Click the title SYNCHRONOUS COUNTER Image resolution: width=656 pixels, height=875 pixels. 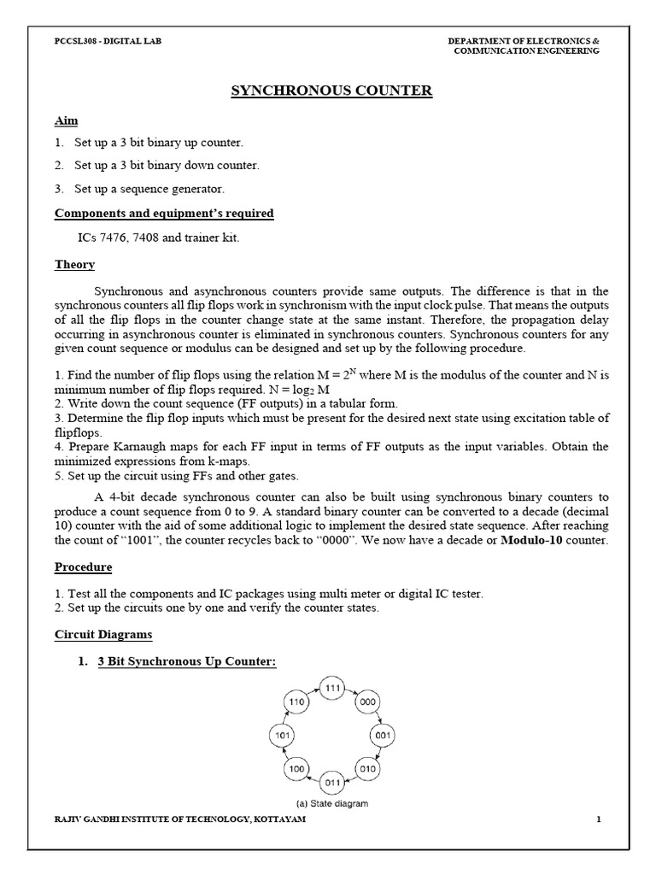point(332,91)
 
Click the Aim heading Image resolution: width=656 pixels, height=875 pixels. point(66,120)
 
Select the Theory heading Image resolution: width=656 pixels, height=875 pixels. point(74,265)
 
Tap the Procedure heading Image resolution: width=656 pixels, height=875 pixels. point(83,567)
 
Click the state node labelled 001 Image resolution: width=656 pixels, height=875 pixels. point(382,734)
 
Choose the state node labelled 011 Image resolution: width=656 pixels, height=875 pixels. point(332,781)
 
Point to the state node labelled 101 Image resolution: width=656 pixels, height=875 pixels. point(283,734)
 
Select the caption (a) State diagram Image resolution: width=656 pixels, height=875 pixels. point(332,803)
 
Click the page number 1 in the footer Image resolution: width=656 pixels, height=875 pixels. point(599,820)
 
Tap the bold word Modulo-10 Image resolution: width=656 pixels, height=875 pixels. point(531,541)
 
